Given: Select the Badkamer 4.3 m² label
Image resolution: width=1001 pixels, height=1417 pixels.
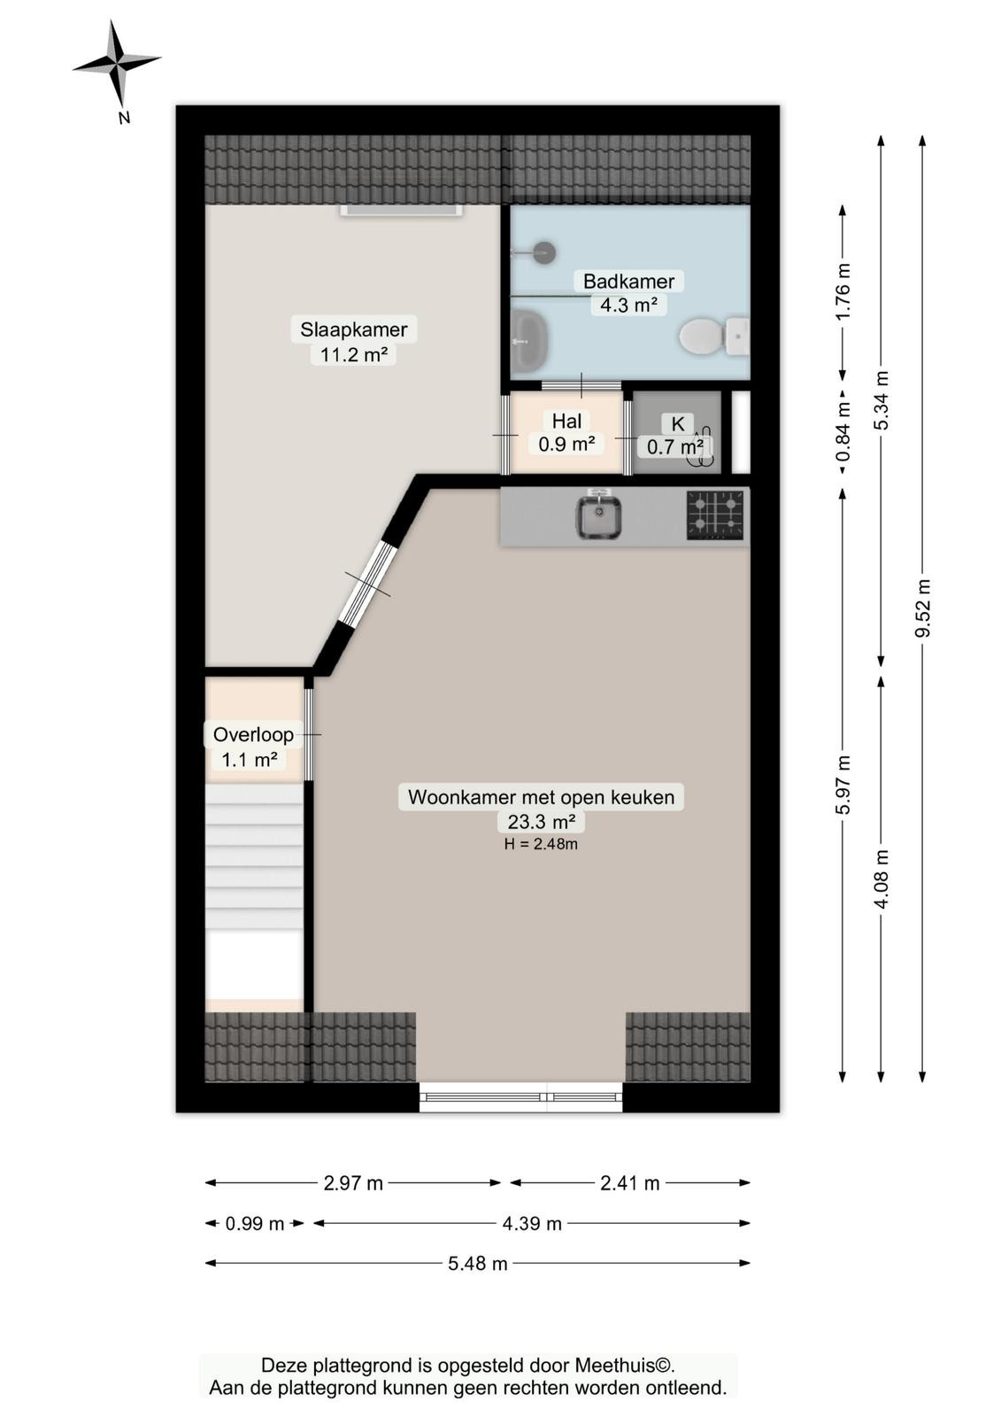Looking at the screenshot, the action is (628, 293).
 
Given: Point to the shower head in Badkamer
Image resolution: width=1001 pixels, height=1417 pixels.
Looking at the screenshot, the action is (543, 252).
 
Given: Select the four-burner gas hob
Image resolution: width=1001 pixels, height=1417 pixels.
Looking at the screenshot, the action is (718, 516).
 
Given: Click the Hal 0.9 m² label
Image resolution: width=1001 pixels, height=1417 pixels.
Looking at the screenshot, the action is (566, 433).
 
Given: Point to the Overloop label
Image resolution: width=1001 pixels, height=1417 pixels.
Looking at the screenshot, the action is (253, 734).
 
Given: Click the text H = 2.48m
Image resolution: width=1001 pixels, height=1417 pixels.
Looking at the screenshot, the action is (541, 844).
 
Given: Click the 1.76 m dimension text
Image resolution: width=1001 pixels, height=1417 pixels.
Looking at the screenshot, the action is (843, 291).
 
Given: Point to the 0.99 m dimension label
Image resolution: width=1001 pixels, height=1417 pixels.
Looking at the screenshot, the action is (255, 1224).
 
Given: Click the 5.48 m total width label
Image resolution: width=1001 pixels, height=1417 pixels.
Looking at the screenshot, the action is (478, 1264).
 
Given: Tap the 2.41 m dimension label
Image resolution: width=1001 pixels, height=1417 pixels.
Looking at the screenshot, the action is (630, 1183).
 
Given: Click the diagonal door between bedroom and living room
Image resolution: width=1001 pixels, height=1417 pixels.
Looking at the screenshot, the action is (367, 584).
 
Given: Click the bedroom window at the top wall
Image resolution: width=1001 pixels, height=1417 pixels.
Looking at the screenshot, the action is (401, 211).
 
